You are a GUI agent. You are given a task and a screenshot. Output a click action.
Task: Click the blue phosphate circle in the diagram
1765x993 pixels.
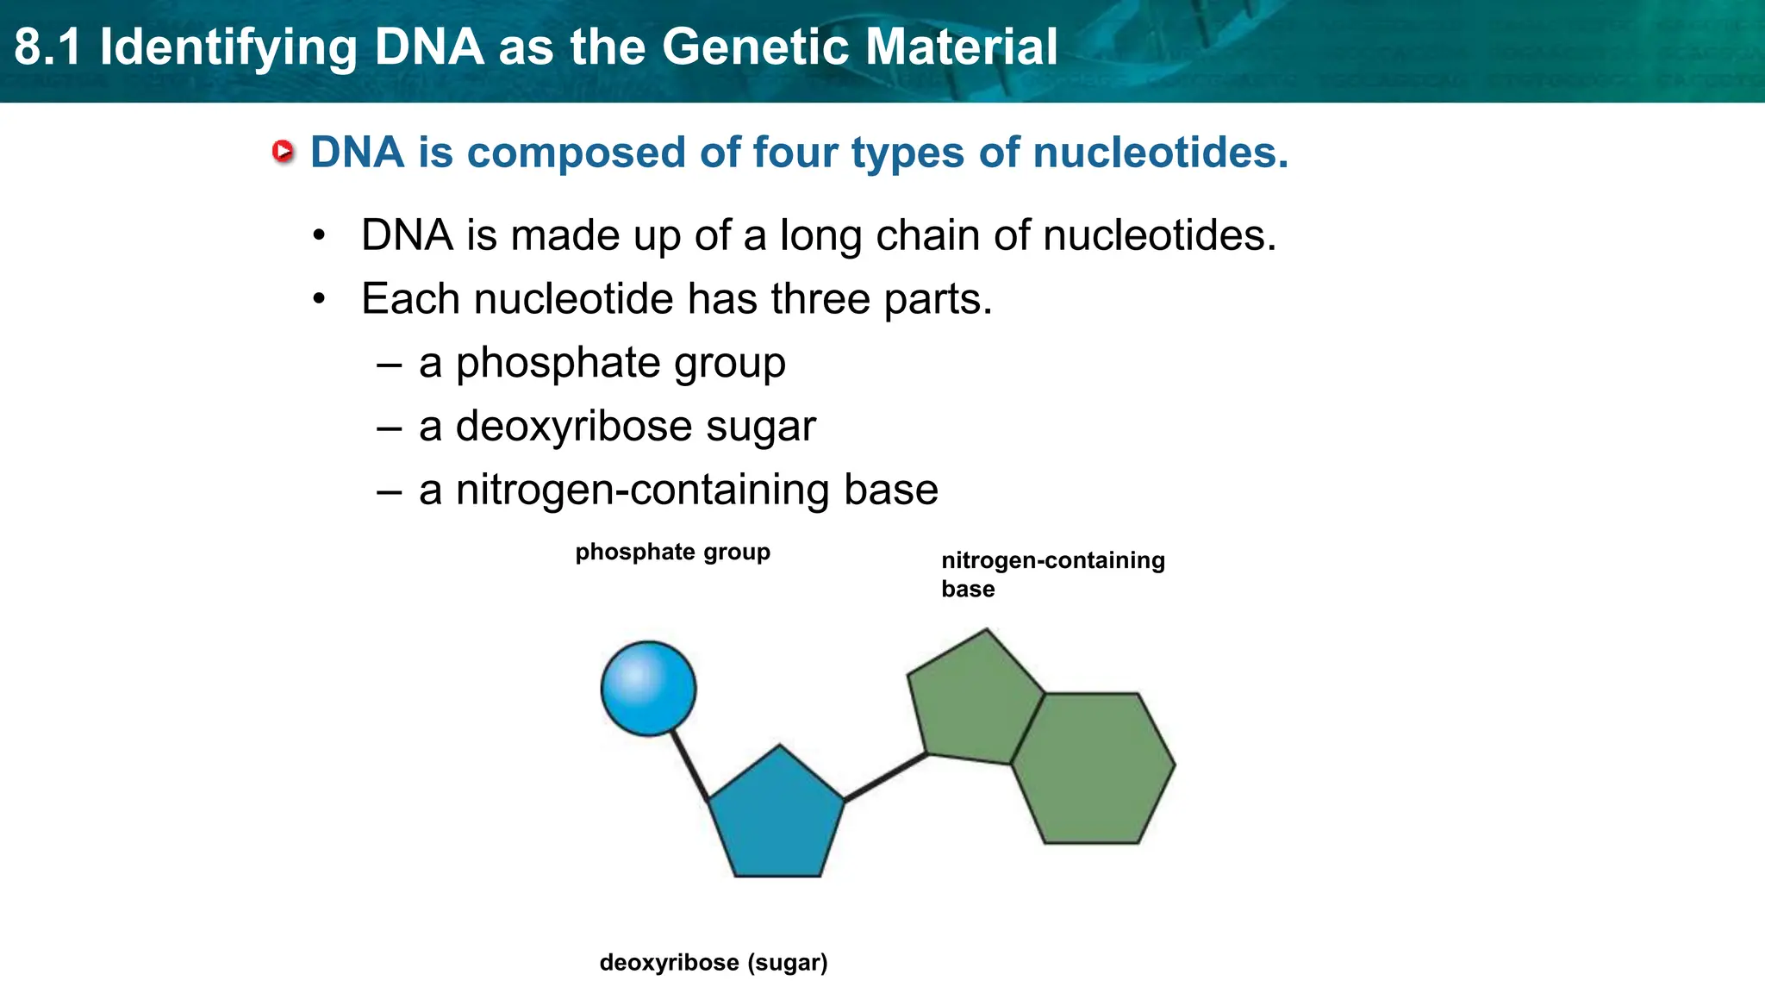click(648, 689)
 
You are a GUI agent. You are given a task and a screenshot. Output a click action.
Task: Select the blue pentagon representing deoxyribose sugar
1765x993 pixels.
click(776, 820)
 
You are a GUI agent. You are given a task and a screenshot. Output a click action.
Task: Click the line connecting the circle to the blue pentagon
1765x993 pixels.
click(689, 765)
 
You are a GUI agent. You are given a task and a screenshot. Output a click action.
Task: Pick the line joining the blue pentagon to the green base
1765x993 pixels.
click(885, 778)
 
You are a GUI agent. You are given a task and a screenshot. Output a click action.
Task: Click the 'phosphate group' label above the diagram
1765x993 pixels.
click(672, 552)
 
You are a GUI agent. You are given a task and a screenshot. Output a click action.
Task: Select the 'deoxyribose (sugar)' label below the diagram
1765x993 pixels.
click(713, 962)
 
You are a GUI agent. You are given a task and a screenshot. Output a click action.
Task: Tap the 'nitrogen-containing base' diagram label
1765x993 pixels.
click(1052, 574)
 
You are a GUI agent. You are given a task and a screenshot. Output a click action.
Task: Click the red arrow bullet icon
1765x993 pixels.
click(282, 152)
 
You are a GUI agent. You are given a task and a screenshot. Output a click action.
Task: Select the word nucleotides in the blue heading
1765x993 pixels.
click(1160, 153)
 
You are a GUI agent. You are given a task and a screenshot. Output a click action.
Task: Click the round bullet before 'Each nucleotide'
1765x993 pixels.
click(320, 299)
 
